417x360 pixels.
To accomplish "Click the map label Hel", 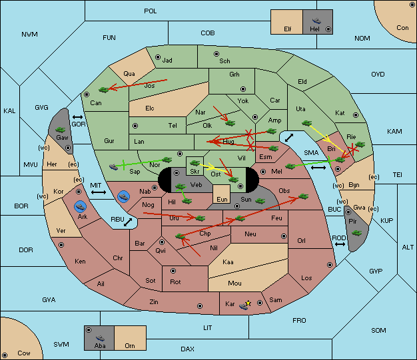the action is [x=314, y=29].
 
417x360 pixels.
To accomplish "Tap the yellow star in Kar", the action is [x=248, y=303].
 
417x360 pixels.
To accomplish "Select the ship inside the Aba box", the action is [x=101, y=338].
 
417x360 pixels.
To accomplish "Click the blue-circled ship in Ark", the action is [x=81, y=206].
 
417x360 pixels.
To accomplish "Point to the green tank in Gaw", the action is [x=60, y=130].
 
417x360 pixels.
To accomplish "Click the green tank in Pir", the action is [x=356, y=233].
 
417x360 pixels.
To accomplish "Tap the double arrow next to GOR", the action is [x=77, y=117].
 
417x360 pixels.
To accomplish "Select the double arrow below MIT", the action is [x=99, y=192].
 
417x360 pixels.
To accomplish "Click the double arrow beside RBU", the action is [x=128, y=222].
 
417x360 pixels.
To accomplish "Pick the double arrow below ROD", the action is [x=340, y=244].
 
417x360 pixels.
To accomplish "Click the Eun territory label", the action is [x=222, y=199].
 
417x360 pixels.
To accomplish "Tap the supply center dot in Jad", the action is [x=158, y=57].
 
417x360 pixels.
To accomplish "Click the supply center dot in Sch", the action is [x=216, y=54].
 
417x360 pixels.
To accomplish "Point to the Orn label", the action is [x=130, y=345].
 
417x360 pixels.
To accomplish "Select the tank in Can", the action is [x=104, y=90].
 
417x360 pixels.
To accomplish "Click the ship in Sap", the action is [x=113, y=167].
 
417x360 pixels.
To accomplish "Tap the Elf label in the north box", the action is [x=288, y=29].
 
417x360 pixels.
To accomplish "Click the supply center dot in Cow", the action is [x=5, y=355].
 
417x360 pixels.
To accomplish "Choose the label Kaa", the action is [x=228, y=262].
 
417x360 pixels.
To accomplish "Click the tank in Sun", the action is [x=260, y=201].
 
